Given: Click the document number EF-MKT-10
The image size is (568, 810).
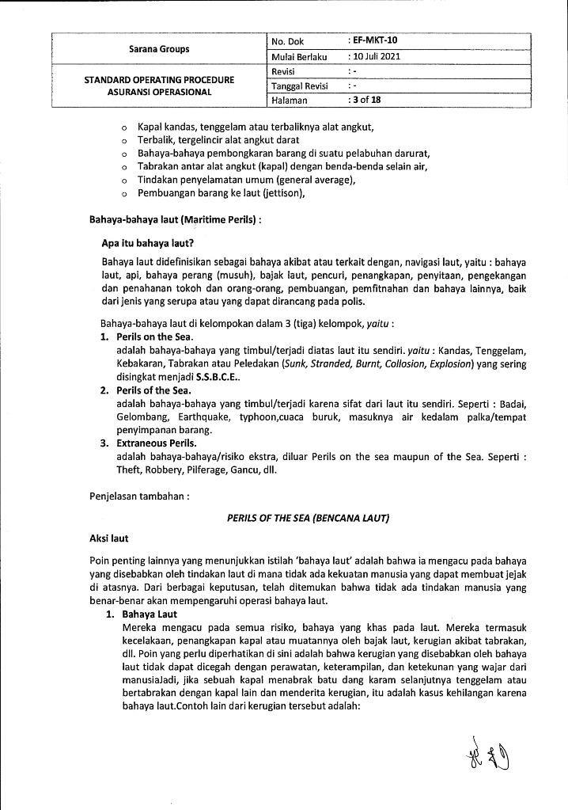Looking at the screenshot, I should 379,40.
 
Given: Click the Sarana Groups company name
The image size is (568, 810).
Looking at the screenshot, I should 159,48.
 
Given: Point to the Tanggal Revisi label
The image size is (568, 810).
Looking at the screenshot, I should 299,86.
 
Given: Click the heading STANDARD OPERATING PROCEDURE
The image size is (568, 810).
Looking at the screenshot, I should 159,80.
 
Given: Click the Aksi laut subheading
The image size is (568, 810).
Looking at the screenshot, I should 109,538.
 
